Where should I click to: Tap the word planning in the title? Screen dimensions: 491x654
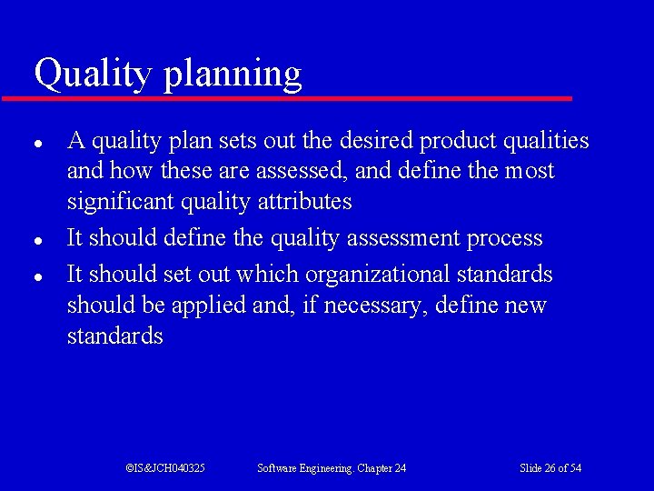coord(232,75)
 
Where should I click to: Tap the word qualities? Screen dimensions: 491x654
coord(544,141)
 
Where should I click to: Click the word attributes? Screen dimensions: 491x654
coord(304,202)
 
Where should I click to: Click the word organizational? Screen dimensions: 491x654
coord(377,275)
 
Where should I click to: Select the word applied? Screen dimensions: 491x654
coord(210,306)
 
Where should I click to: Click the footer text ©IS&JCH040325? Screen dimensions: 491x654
coord(164,467)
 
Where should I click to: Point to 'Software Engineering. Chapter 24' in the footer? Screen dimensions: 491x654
coord(332,467)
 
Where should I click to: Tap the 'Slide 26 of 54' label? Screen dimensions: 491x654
coord(550,467)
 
